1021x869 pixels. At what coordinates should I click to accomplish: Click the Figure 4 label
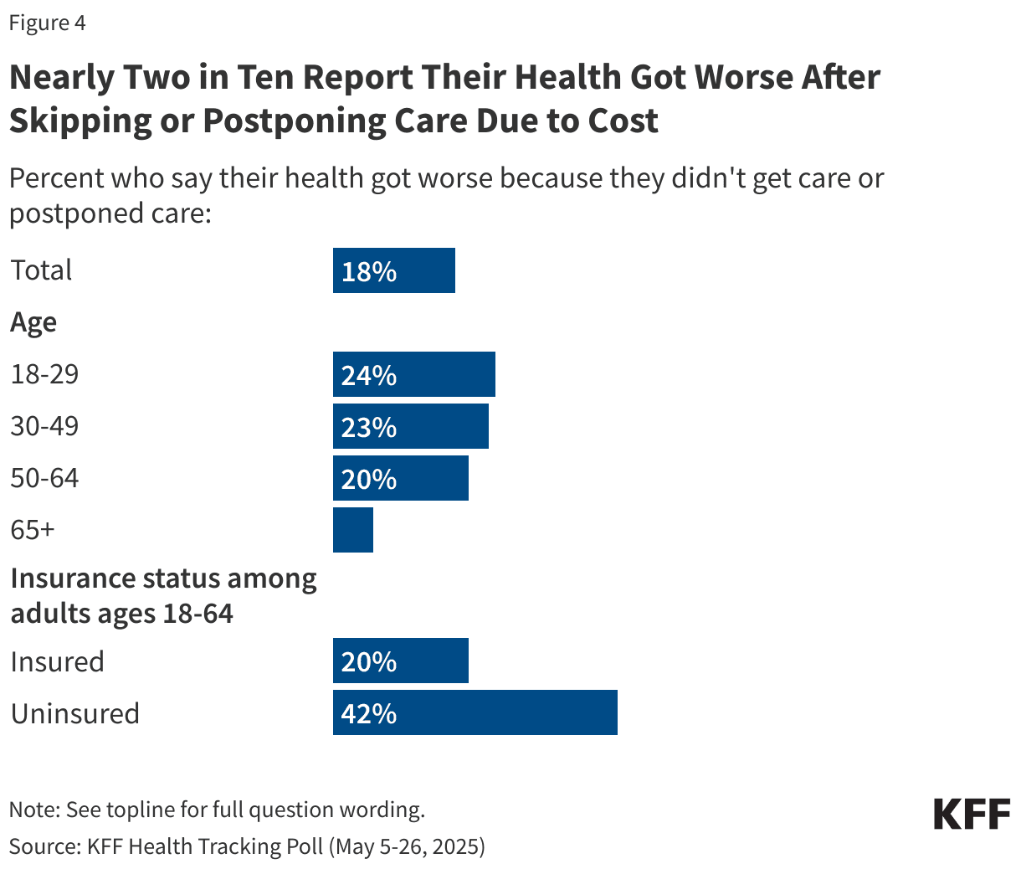(x=47, y=23)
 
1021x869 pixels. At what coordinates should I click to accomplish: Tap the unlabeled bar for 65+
(x=353, y=530)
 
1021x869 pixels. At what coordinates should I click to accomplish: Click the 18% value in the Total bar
(x=369, y=271)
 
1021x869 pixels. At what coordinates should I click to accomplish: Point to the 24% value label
(x=369, y=375)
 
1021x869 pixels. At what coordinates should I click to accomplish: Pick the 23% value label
(x=369, y=427)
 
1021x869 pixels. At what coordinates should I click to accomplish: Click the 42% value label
(x=369, y=713)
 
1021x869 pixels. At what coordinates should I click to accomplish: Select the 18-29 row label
(x=44, y=374)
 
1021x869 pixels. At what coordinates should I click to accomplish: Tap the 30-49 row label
(x=44, y=426)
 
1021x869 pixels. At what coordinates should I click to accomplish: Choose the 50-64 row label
(x=44, y=478)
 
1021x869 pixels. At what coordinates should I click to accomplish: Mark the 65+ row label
(x=33, y=530)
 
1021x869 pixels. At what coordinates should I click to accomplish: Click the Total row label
(x=41, y=270)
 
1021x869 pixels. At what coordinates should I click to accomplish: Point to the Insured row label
(x=58, y=661)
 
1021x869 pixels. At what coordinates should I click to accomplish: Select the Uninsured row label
(x=75, y=713)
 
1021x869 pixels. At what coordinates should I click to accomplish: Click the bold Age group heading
(x=33, y=322)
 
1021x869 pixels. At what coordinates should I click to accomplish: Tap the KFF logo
(x=972, y=814)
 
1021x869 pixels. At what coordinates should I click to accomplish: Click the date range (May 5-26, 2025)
(x=407, y=846)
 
